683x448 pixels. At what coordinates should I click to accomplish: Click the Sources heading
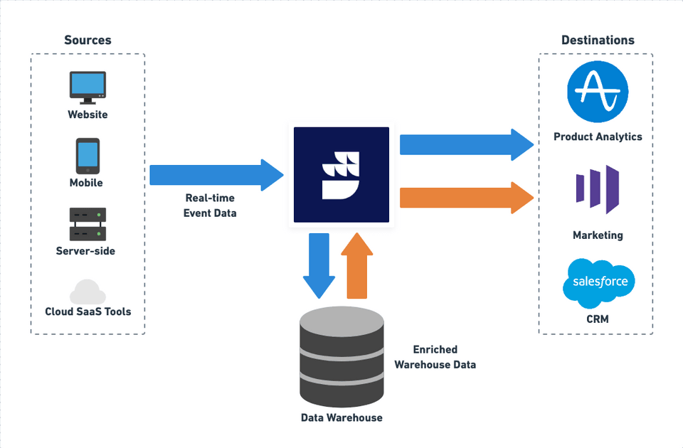[x=88, y=40]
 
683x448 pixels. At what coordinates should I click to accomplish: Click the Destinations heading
[x=598, y=40]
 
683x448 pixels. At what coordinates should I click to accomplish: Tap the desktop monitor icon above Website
[x=88, y=86]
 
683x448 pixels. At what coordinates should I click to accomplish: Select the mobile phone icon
[x=88, y=155]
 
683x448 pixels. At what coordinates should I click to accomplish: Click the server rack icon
[x=88, y=223]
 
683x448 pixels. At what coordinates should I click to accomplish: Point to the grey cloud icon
[x=88, y=292]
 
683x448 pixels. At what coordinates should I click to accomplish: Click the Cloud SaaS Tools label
[x=88, y=311]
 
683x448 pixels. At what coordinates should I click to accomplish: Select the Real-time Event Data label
[x=211, y=206]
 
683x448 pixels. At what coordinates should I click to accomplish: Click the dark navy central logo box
[x=341, y=174]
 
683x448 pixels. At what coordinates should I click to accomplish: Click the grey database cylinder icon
[x=341, y=356]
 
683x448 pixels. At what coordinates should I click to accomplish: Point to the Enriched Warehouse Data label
[x=435, y=357]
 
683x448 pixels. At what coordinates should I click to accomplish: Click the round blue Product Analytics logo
[x=598, y=92]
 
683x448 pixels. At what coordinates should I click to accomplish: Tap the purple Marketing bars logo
[x=598, y=190]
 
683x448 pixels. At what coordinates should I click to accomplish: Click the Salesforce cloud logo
[x=598, y=282]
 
